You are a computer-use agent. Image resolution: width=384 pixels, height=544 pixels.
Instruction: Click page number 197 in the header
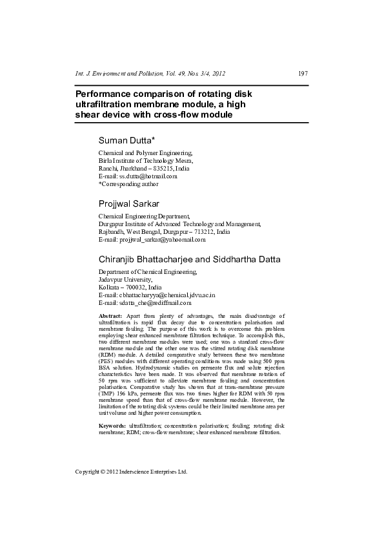[302, 74]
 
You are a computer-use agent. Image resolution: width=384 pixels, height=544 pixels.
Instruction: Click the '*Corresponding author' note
[128, 183]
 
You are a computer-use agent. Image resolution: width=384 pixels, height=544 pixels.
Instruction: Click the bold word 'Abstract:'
[110, 315]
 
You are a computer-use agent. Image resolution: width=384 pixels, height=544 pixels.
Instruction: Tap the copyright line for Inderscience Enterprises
[131, 472]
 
